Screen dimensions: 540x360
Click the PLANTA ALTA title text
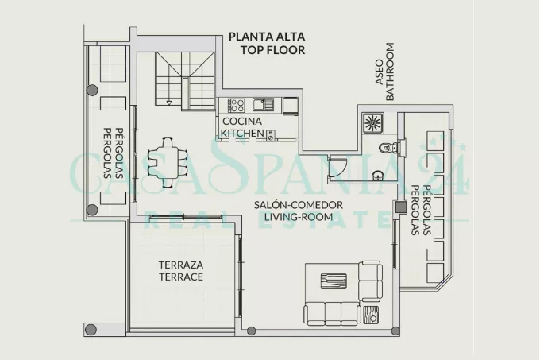coord(267,37)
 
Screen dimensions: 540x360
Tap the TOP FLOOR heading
coord(272,50)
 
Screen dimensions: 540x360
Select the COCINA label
coord(242,122)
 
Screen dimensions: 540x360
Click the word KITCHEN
coord(242,133)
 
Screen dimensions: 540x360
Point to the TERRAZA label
coord(181,265)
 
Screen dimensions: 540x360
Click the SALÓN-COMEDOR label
coord(299,205)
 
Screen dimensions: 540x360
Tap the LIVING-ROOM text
coord(299,217)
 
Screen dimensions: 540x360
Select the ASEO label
coord(379,72)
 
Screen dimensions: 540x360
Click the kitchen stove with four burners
coord(237,105)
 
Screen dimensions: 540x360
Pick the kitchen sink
coord(263,104)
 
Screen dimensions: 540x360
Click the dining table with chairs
coord(168,163)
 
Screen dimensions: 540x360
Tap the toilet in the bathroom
coord(389,148)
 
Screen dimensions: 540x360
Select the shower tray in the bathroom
coord(372,123)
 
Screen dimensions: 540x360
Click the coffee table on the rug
coord(334,281)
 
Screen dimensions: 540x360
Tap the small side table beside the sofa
coord(371,315)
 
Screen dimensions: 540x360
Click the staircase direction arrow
coord(168,103)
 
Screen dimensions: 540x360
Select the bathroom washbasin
coord(378,176)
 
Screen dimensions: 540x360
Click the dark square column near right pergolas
coord(400,207)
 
